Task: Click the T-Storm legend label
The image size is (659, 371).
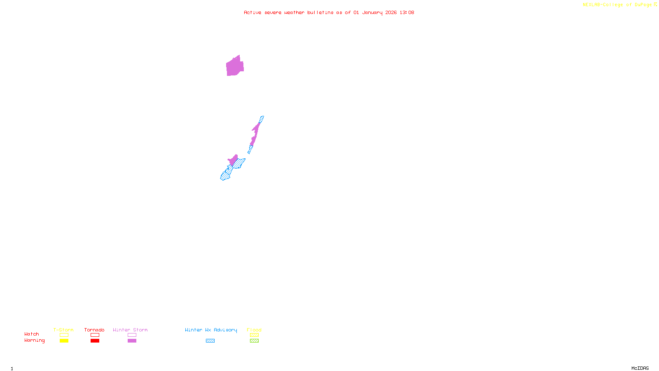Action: pos(63,330)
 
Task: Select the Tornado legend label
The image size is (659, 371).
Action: pos(94,330)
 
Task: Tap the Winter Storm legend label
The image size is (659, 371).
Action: pos(130,330)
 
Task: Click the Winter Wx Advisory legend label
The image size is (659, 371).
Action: pos(211,330)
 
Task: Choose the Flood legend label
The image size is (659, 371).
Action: pos(254,330)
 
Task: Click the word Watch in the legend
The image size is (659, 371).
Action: pos(32,334)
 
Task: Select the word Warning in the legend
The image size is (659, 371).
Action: pos(35,340)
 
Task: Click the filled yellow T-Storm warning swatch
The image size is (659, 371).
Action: pos(64,341)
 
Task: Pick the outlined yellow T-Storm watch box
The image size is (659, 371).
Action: pos(64,335)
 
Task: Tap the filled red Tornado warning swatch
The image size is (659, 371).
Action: pos(95,341)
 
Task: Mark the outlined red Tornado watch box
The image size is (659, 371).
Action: pos(95,335)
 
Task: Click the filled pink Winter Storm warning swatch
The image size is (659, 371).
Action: pos(132,341)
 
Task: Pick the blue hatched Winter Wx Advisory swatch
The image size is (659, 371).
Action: pos(210,341)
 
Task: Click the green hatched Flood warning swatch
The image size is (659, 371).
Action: pos(254,341)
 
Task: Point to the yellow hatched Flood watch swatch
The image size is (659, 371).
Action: pos(254,335)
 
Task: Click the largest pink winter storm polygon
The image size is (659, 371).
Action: pos(235,67)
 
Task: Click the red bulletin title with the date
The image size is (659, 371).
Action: pos(329,12)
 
